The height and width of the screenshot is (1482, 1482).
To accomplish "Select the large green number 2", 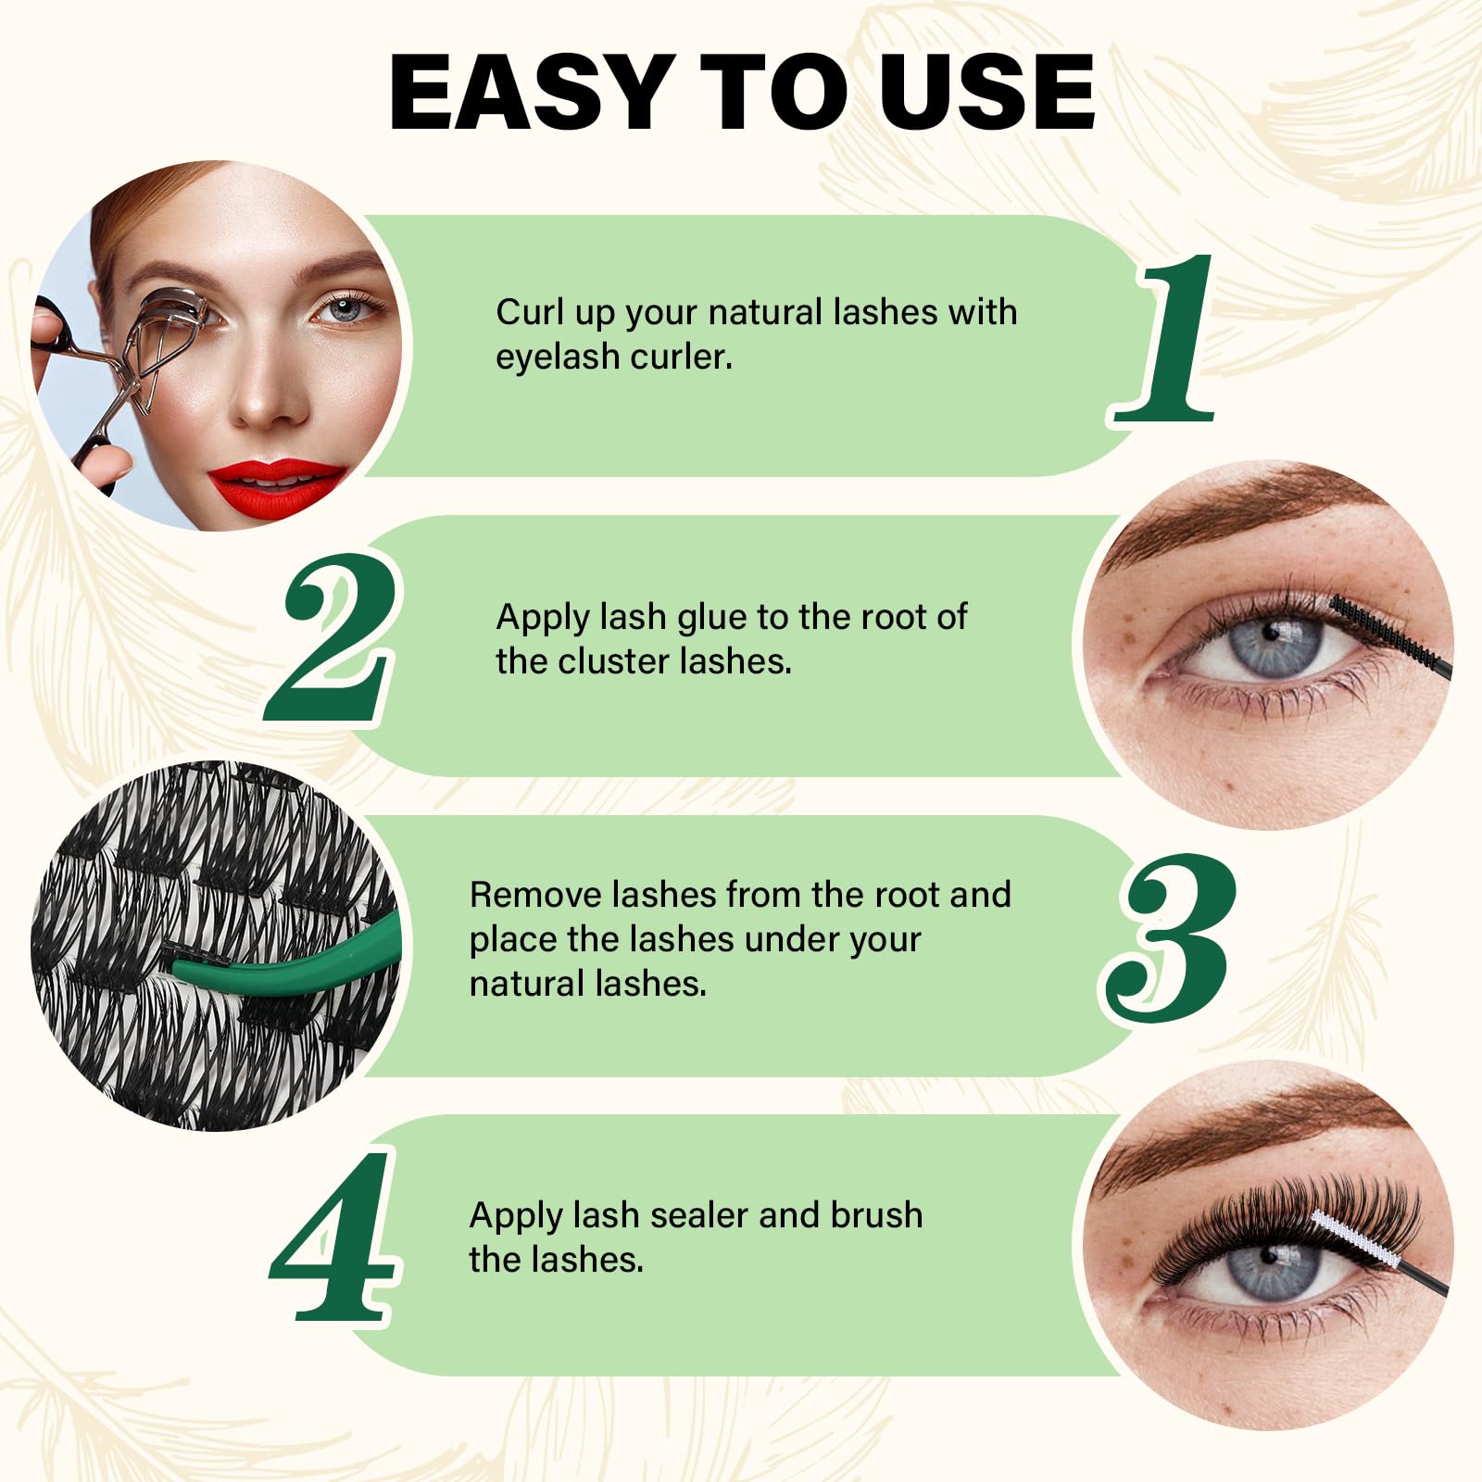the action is (x=333, y=638).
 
